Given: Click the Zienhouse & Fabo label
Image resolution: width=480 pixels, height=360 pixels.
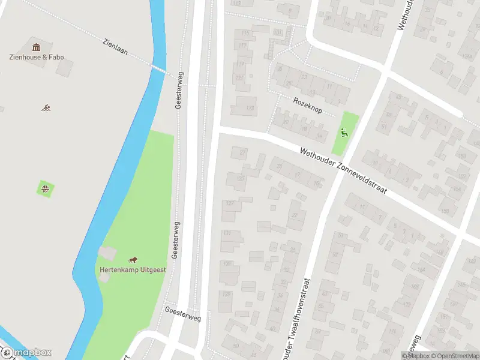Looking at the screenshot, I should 37,58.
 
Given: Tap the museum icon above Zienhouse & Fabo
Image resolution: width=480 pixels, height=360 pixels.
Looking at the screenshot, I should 36,47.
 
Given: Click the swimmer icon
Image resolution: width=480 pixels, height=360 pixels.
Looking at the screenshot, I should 46,108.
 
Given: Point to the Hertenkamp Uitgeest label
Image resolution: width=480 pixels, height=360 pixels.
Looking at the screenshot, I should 133,270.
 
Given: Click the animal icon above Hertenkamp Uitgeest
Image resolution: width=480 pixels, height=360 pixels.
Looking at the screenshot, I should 133,260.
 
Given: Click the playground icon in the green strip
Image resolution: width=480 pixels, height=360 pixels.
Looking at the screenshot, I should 344,133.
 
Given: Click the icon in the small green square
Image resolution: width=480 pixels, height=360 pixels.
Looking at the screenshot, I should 45,190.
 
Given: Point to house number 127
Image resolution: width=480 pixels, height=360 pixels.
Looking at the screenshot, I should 229,203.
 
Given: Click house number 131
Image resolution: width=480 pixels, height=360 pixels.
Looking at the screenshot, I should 227,233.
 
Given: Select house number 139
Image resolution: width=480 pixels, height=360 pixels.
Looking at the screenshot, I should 226,294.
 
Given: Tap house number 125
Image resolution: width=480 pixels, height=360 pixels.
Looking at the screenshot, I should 241,178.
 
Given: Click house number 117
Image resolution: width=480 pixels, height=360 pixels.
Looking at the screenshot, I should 242,46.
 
